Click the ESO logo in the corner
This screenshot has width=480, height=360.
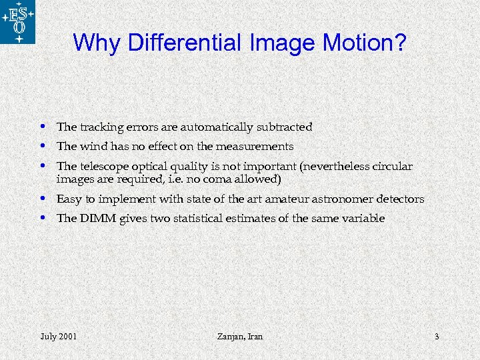(x=18, y=22)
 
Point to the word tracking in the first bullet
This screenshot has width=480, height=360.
(x=99, y=127)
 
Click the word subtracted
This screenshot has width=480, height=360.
(x=286, y=127)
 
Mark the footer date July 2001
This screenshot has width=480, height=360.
(x=58, y=337)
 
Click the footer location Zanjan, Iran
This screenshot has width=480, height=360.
(x=240, y=337)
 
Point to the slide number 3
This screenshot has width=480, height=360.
(x=437, y=337)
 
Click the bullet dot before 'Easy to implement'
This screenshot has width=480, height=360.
(x=43, y=198)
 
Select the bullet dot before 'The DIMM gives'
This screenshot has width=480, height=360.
(x=43, y=217)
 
